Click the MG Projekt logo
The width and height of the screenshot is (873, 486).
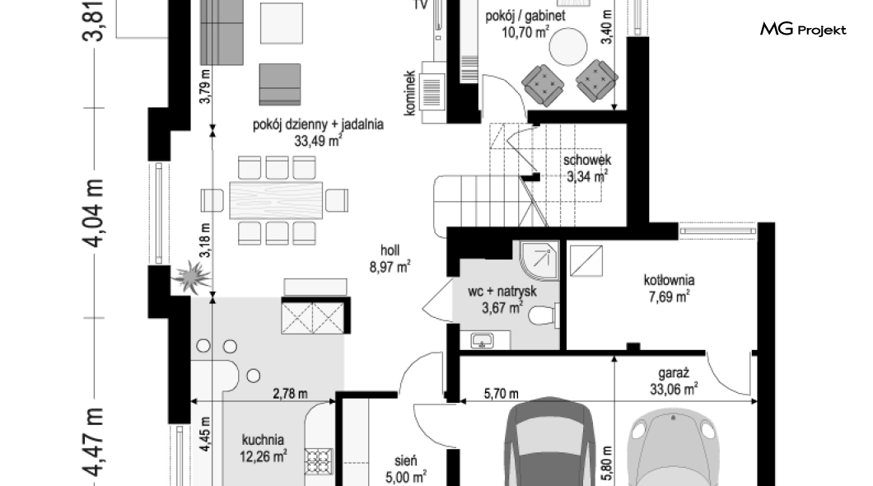[803, 29]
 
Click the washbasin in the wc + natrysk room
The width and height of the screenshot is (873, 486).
[482, 340]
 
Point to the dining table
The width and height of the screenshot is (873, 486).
[276, 200]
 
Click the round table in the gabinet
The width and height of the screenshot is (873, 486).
[568, 47]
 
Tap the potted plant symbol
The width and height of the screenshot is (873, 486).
[191, 278]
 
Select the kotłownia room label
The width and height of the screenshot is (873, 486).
[669, 280]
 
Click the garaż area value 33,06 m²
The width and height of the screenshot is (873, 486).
[674, 389]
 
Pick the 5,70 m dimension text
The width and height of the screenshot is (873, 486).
[501, 394]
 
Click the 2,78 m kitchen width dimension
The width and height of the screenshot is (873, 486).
[290, 394]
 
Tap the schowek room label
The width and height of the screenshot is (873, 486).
[587, 161]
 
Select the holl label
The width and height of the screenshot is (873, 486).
[390, 250]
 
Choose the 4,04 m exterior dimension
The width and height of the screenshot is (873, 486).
[94, 213]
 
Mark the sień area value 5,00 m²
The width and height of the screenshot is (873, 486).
[406, 477]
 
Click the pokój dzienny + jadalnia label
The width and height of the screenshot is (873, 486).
[318, 124]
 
